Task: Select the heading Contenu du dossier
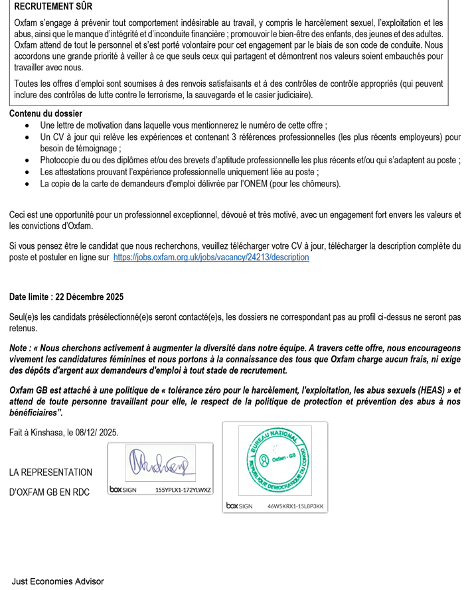pyautogui.click(x=46, y=113)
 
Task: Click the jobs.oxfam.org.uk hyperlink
pyautogui.click(x=211, y=257)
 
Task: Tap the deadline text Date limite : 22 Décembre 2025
pyautogui.click(x=66, y=297)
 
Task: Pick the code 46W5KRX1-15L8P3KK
pyautogui.click(x=295, y=506)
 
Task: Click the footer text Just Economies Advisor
pyautogui.click(x=58, y=581)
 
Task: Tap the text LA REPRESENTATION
pyautogui.click(x=51, y=473)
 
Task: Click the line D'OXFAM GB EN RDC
pyautogui.click(x=51, y=492)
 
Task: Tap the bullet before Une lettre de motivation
pyautogui.click(x=27, y=125)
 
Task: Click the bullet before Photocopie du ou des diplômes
pyautogui.click(x=27, y=161)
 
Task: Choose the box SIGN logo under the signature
pyautogui.click(x=124, y=490)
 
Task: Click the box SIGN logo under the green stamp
pyautogui.click(x=240, y=506)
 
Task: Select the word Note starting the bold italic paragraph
pyautogui.click(x=19, y=347)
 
